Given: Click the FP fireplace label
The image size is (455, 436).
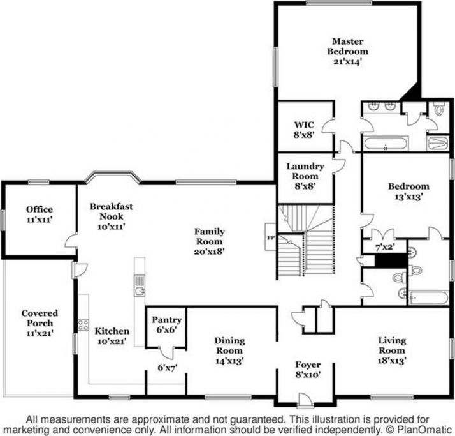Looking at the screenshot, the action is coord(271,237).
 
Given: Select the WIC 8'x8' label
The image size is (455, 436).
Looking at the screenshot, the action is coord(304,130).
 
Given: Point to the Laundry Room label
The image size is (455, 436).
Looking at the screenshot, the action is coord(305,171).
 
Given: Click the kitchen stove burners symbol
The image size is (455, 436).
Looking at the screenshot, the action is coord(83,325).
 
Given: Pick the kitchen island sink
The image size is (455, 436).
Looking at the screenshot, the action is coord(140,291).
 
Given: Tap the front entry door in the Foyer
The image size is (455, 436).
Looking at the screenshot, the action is coord(305,400).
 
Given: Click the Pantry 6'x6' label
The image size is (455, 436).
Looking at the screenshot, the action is coord(167,325).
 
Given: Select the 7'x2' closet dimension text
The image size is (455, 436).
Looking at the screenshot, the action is coord(384,248).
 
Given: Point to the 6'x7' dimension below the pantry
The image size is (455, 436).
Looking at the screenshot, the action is coord(168,368).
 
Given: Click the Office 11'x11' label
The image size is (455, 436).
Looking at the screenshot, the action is coord(40,214).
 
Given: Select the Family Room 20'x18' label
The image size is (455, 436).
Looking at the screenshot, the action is coord(210,241).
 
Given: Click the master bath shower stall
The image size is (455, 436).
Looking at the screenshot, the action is coord(438,143).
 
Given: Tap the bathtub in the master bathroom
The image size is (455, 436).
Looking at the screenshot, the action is coord(386,144).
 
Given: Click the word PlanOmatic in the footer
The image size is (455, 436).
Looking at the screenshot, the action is coord(424,430).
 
